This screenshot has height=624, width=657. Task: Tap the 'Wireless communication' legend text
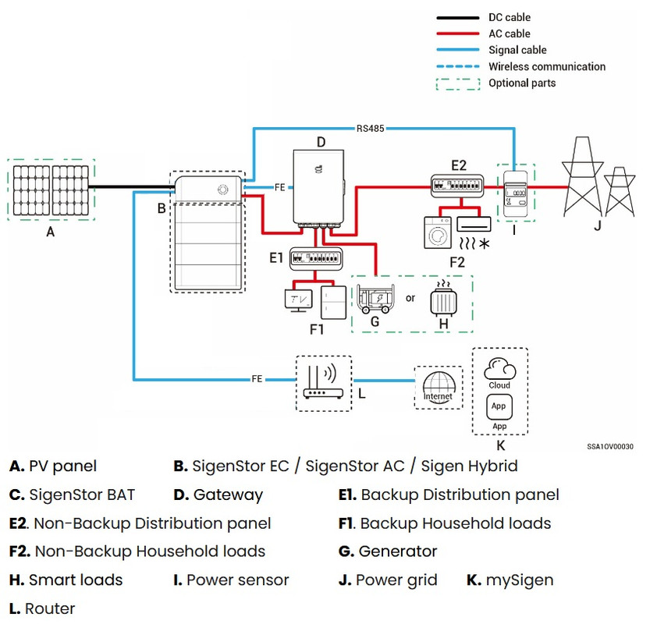(x=546, y=66)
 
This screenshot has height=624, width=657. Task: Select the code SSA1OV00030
(x=610, y=447)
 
